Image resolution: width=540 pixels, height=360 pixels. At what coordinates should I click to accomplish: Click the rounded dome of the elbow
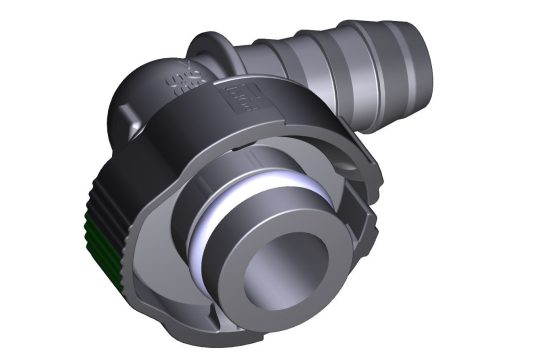click(x=140, y=101)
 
